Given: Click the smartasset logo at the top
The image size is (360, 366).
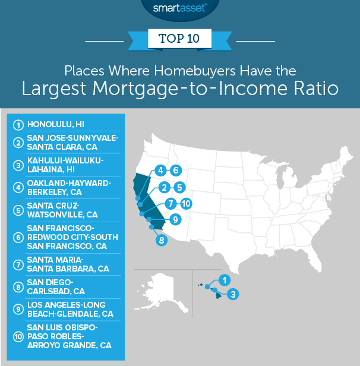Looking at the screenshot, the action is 179,8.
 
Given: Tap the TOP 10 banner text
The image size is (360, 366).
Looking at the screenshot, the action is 179,39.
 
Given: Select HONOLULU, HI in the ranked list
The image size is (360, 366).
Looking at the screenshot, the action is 56,124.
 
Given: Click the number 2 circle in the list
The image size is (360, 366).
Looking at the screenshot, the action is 18,143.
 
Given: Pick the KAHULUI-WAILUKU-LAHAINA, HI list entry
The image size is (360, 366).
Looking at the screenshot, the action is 65,165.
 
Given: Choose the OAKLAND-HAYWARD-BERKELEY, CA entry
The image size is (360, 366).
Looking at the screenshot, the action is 69,187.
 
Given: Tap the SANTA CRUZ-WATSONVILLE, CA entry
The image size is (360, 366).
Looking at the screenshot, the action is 62,210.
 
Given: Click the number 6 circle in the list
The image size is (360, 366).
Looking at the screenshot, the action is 18,238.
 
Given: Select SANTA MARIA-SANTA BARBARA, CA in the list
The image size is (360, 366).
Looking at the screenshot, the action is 68,264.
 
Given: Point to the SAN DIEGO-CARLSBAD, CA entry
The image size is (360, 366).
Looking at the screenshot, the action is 56,287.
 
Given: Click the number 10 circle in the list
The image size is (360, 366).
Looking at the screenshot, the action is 18,336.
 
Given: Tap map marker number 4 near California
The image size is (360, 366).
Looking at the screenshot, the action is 160,171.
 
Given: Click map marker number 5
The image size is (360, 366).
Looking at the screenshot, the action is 179,187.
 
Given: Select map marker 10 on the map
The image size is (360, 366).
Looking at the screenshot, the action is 186,204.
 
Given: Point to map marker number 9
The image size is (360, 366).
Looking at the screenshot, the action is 175,220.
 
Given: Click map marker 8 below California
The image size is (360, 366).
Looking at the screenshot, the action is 162,240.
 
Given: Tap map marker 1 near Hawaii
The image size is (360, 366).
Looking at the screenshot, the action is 225,280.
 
